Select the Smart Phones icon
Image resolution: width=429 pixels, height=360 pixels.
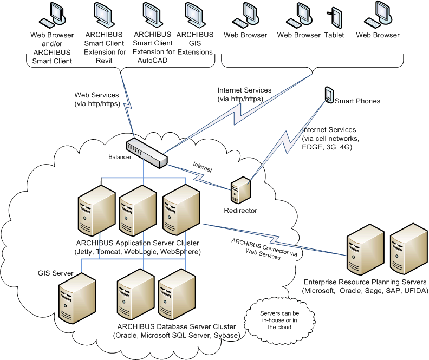click(x=328, y=95)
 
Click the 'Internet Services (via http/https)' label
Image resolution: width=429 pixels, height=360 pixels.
click(x=244, y=94)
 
